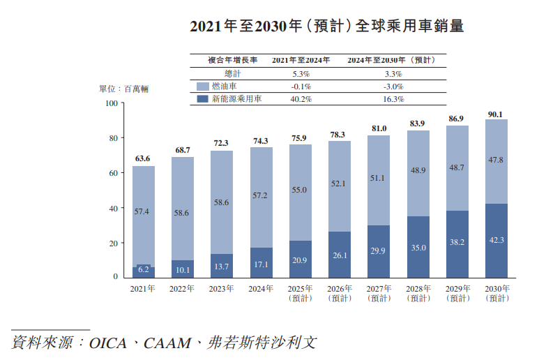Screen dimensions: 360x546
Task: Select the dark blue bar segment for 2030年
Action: pyautogui.click(x=496, y=241)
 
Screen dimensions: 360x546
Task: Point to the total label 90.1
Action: pyautogui.click(x=496, y=114)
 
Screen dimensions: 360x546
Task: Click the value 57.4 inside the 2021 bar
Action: pyautogui.click(x=142, y=211)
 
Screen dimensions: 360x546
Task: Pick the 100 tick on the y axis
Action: pyautogui.click(x=111, y=103)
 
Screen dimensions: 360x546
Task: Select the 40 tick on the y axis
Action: pyautogui.click(x=113, y=208)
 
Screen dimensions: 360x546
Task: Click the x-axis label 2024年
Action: pyautogui.click(x=261, y=288)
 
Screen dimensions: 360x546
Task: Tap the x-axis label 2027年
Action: pyautogui.click(x=379, y=288)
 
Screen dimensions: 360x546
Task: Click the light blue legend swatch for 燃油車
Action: pyautogui.click(x=202, y=87)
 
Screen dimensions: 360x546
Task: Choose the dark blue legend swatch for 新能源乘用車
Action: pyautogui.click(x=202, y=99)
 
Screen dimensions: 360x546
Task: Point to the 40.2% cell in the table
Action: pyautogui.click(x=301, y=99)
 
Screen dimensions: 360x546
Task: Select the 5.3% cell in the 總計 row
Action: pyautogui.click(x=301, y=73)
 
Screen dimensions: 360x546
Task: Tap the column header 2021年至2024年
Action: pyautogui.click(x=301, y=60)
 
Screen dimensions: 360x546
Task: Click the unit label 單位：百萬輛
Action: pyautogui.click(x=123, y=89)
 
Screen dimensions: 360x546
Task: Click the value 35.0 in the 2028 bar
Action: pyautogui.click(x=418, y=248)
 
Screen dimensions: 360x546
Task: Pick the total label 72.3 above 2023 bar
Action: pyautogui.click(x=221, y=143)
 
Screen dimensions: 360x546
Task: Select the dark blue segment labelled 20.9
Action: pyautogui.click(x=300, y=260)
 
